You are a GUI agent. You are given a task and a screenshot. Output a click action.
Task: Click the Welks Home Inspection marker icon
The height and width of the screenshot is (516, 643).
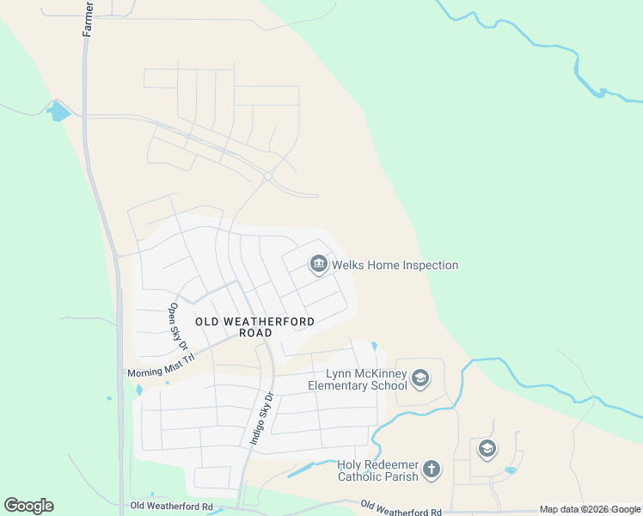(319, 264)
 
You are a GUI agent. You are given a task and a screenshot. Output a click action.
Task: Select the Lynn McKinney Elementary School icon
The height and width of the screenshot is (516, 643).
(419, 378)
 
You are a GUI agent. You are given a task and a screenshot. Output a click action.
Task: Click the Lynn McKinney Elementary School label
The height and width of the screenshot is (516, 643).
(358, 379)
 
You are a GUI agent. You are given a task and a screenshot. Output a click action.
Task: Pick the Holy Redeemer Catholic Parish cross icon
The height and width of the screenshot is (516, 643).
(431, 470)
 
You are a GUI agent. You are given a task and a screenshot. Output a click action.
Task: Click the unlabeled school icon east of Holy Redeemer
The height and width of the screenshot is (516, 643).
(487, 449)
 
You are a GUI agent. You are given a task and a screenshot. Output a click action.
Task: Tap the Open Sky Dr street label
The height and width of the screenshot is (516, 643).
(179, 326)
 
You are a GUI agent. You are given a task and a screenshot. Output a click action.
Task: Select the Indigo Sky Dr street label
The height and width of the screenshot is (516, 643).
(260, 419)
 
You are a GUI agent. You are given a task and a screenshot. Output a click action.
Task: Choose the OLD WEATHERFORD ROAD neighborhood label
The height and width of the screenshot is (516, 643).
(254, 327)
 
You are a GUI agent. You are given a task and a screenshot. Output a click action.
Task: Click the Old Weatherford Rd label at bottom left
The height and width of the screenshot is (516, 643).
(170, 507)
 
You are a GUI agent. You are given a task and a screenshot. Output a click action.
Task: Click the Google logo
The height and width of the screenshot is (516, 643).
(28, 506)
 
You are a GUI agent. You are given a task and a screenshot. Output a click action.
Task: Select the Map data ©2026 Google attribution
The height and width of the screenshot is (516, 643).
(590, 509)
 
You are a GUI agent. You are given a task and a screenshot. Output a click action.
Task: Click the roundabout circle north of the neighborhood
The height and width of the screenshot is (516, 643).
(268, 176)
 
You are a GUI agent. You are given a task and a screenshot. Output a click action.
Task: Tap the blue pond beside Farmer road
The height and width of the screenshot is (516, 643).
(58, 111)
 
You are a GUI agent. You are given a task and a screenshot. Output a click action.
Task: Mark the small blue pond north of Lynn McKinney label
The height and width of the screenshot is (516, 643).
(374, 347)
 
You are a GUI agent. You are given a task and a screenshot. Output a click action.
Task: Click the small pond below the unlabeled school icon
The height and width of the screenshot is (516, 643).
(511, 470)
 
